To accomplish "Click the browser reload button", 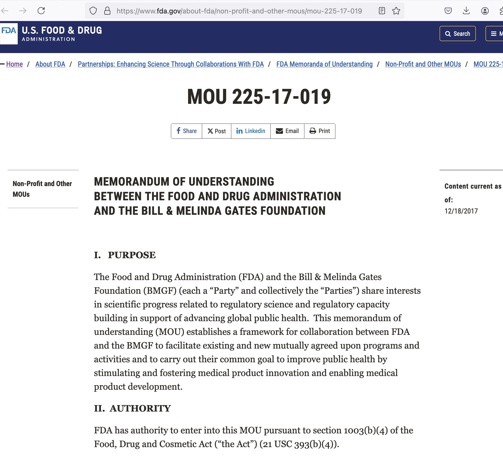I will [x=41, y=11].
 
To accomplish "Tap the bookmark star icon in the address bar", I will [x=396, y=11].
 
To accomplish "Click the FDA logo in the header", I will [x=9, y=34].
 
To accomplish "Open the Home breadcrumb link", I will [x=14, y=64].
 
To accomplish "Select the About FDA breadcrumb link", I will [x=50, y=64].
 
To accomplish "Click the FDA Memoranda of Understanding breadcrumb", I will [x=324, y=64].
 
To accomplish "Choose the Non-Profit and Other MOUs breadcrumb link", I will [x=423, y=64].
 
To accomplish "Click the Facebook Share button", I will [x=187, y=131].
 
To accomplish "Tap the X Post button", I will [x=216, y=131].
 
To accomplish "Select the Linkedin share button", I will [x=251, y=131].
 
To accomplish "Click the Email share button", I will [x=287, y=131].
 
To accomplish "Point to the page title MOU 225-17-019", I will [x=259, y=97].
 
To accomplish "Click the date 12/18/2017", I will [x=461, y=211].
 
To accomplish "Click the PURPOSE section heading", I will [x=132, y=255].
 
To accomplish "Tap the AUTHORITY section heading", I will [x=140, y=408].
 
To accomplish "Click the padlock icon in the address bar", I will [x=107, y=11].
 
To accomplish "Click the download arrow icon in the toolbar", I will [x=466, y=11].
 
